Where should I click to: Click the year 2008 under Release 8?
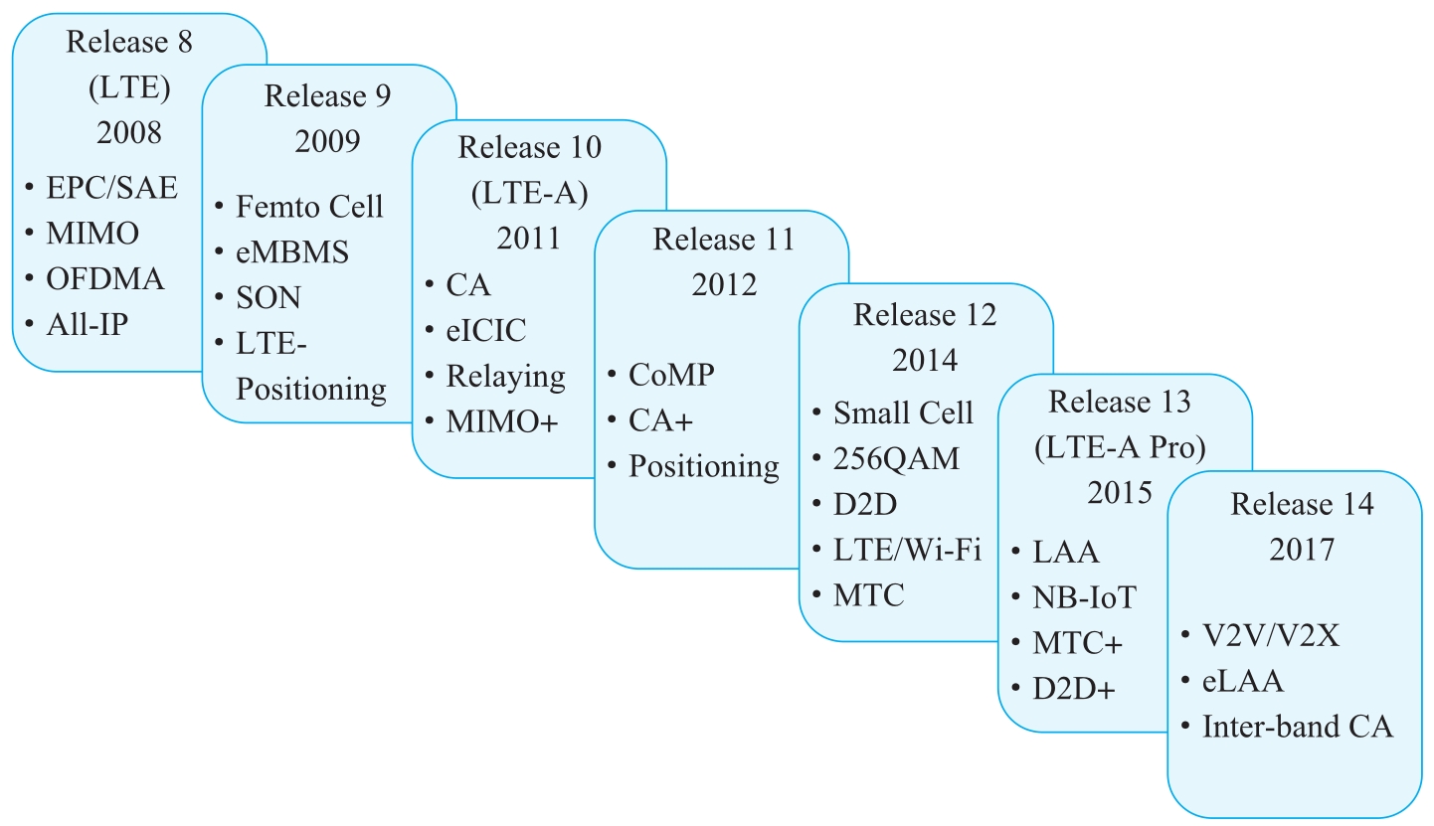coord(128,132)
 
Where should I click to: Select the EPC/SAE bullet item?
coord(111,188)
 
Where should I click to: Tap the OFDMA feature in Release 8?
coord(105,279)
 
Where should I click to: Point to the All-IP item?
coord(88,324)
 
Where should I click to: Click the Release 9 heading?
coord(327,96)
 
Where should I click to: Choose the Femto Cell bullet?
coord(309,207)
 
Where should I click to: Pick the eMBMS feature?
coord(292,252)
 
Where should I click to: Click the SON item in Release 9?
coord(269,297)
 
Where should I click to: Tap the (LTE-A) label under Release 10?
coord(529,193)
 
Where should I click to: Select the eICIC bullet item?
coord(486,330)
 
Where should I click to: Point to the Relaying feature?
coord(506,377)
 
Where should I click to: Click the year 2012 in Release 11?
coord(724,284)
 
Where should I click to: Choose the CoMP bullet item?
coord(671,375)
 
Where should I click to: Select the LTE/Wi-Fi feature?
coord(907,550)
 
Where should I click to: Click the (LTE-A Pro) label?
coord(1120,447)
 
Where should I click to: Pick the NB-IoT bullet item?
coord(1085,597)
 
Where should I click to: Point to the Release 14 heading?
coord(1302,504)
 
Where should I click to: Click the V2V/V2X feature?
coord(1271,635)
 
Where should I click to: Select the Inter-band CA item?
coord(1298,727)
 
